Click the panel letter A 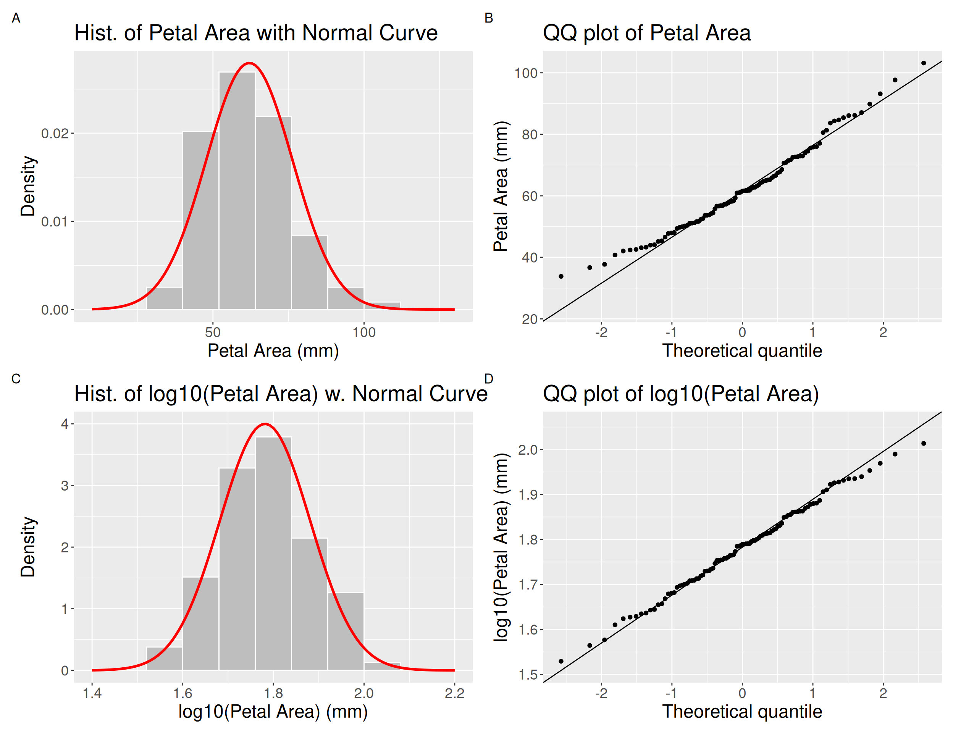click(x=16, y=18)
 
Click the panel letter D click(x=489, y=379)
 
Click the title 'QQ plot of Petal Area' click(x=646, y=33)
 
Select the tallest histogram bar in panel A click(x=237, y=191)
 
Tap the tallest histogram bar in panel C click(x=273, y=553)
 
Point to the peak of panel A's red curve click(x=249, y=63)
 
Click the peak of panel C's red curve click(x=265, y=424)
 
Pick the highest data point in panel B click(x=923, y=63)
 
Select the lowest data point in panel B click(x=561, y=276)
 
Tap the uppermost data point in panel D click(x=923, y=443)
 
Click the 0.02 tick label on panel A click(x=55, y=134)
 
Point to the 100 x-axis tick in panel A click(x=364, y=333)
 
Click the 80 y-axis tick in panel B click(x=529, y=135)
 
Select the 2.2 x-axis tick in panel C click(x=454, y=693)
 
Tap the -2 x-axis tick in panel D click(x=601, y=693)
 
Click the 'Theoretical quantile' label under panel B click(x=742, y=351)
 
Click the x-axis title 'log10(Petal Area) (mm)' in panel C click(x=273, y=712)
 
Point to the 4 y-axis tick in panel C click(x=65, y=424)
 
